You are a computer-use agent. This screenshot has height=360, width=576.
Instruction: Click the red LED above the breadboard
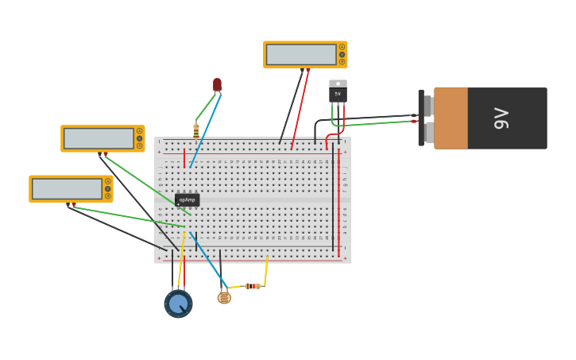pos(217,84)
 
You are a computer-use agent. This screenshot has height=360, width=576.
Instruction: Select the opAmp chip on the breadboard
pos(187,200)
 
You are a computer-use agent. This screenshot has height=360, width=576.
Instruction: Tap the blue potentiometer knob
pos(178,304)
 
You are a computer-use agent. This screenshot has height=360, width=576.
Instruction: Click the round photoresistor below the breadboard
pos(224,297)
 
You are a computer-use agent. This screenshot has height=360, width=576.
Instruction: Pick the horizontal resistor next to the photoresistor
pos(252,286)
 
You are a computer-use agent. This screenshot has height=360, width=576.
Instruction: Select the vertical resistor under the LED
pos(196,130)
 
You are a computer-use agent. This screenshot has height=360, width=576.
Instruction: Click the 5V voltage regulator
pos(338,92)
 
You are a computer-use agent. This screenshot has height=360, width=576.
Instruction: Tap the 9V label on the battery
pos(501,118)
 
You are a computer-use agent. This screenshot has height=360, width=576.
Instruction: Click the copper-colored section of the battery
pos(450,118)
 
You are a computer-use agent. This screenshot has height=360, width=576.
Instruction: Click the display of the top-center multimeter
pos(301,55)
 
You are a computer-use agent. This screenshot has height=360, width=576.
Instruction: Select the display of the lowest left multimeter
pos(66,189)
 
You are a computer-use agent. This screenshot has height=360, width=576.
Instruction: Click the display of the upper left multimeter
pos(98,138)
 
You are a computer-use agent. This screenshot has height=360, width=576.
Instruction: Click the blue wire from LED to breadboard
pos(204,130)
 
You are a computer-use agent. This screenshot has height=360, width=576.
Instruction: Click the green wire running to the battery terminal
pos(373,122)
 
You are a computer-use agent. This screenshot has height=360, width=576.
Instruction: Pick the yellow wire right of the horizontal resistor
pos(265,271)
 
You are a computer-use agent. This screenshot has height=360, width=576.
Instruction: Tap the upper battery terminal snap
pos(427,106)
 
